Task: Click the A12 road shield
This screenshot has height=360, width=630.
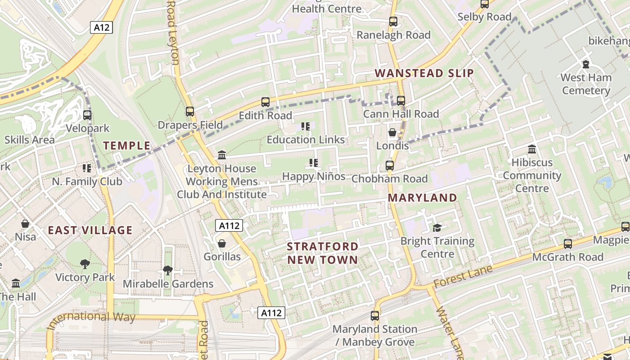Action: coord(102,27)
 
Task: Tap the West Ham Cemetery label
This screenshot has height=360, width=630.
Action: coord(585,84)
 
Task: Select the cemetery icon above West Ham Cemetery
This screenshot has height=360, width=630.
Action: coord(585,64)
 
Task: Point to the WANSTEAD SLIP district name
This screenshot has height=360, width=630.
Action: coord(424,73)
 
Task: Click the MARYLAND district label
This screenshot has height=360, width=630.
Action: coord(422,198)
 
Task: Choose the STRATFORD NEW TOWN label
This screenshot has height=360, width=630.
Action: coord(322,253)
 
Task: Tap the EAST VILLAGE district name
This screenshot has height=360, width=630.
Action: coord(90,230)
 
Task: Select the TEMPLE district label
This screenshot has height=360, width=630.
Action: coord(126,145)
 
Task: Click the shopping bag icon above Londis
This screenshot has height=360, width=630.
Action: coord(392,132)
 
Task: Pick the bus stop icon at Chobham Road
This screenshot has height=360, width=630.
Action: coord(390,166)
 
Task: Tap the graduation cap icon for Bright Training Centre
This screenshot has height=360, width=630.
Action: coord(437,228)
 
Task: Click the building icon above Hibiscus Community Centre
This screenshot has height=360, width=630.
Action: coord(532,149)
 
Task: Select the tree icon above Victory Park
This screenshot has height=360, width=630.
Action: coord(85,264)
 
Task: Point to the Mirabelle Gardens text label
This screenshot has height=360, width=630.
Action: coord(168,284)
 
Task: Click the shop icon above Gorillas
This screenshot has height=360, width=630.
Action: coord(222,244)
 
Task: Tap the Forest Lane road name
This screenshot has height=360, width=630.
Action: coord(463,276)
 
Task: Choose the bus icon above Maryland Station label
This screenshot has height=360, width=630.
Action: coord(375,316)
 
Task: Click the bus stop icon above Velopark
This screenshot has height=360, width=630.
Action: coord(87,115)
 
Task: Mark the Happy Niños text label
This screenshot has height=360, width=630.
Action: coord(314,176)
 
